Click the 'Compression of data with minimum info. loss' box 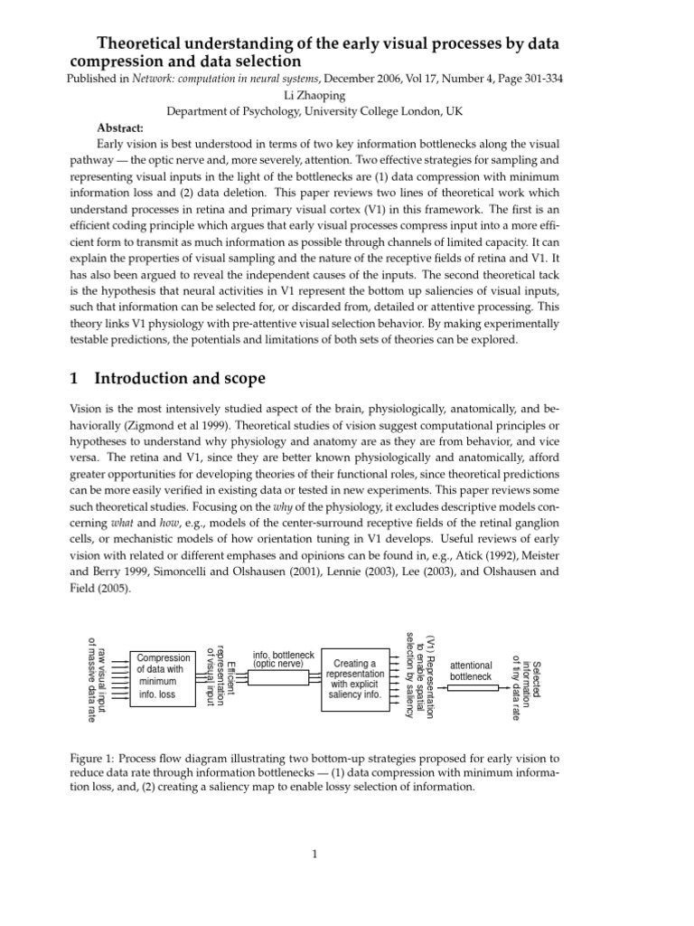click(x=164, y=676)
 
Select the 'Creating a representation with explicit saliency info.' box click(x=354, y=679)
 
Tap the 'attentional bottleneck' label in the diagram click(x=471, y=670)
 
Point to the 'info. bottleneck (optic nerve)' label click(x=284, y=658)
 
